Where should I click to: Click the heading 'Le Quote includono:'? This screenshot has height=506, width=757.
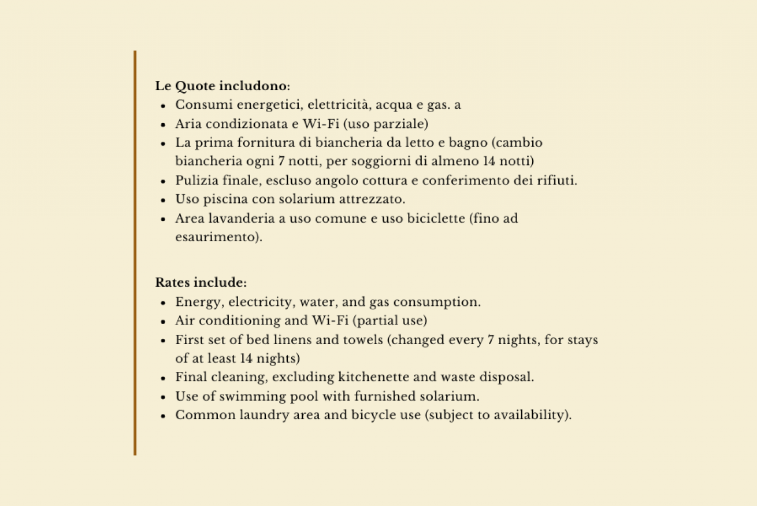[x=222, y=87]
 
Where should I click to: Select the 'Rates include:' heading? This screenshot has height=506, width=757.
[x=201, y=283]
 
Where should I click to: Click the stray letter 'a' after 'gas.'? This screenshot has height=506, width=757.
[x=458, y=106]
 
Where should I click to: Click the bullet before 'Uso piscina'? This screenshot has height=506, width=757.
[x=164, y=200]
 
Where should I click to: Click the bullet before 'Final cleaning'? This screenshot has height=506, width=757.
[x=164, y=378]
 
